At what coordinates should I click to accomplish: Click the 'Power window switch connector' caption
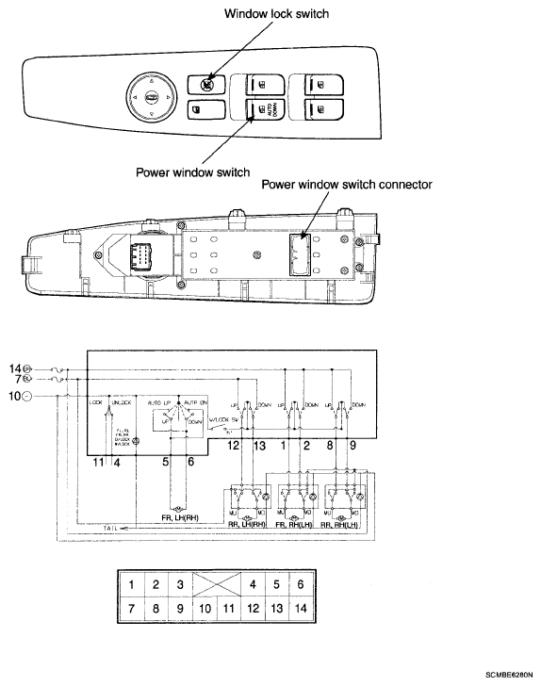[346, 185]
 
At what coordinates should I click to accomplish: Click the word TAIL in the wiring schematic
[111, 531]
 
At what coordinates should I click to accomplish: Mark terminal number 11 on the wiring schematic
[98, 461]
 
